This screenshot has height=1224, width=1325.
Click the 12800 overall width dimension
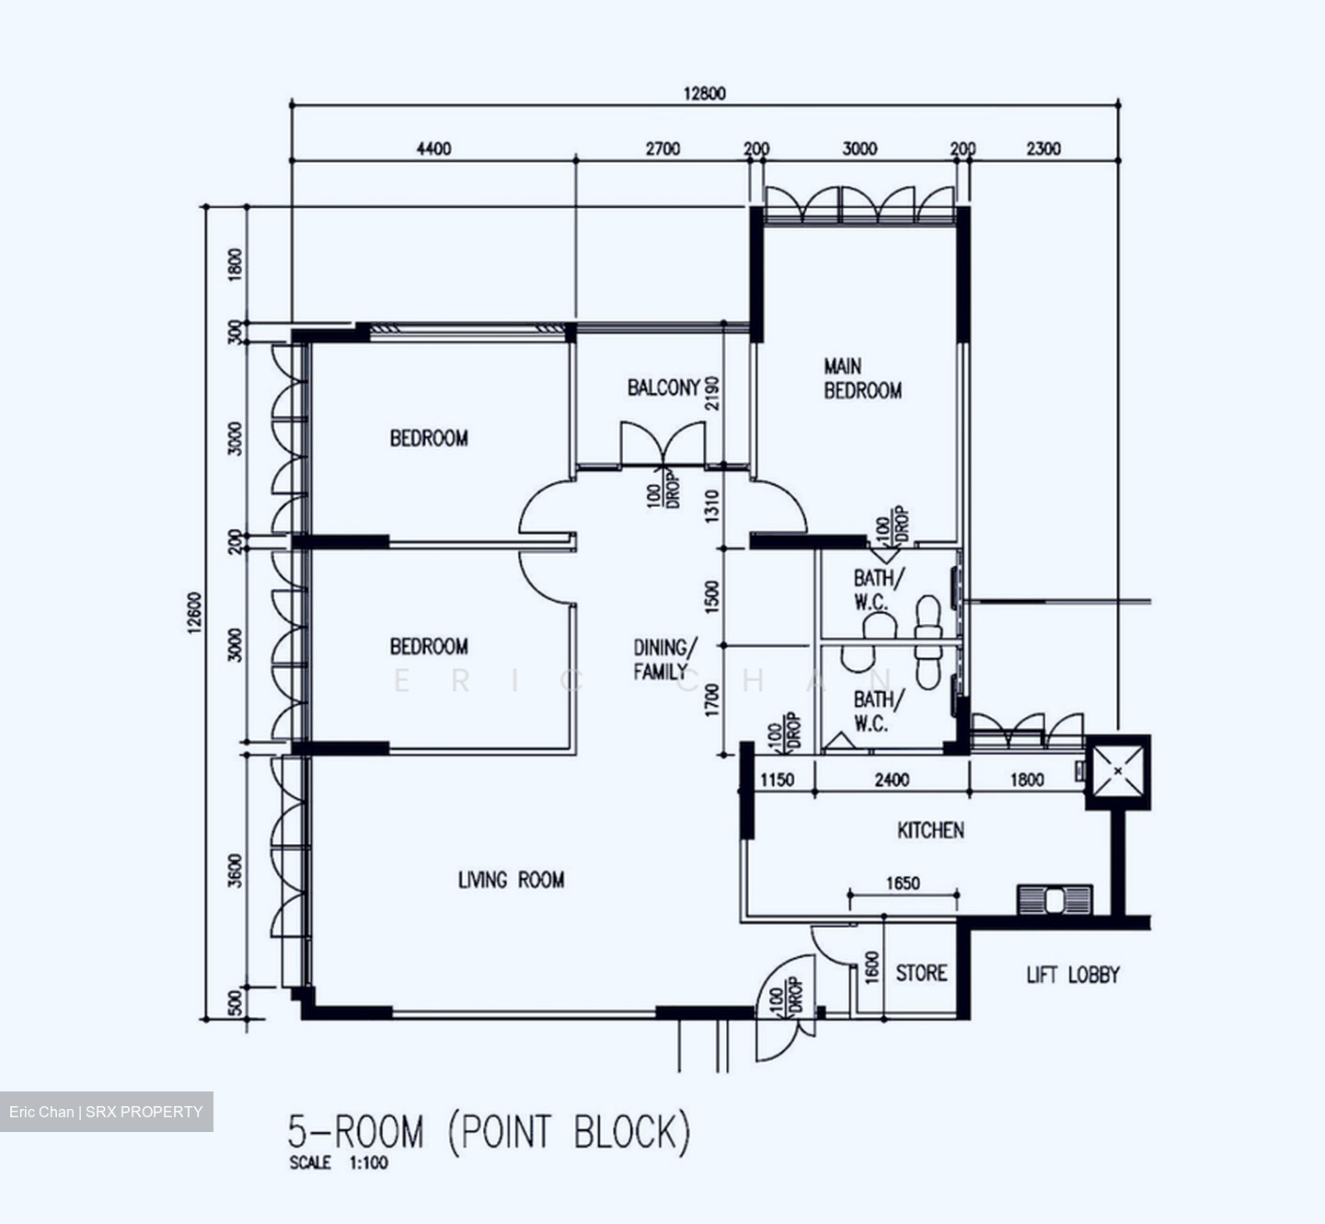704,93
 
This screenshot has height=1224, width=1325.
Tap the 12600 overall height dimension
194,613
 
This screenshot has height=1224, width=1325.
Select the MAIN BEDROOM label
862,379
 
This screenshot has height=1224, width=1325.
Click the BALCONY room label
663,387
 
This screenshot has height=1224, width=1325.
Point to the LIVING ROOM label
511,881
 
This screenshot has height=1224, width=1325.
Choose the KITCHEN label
930,830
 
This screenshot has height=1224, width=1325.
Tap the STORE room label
921,974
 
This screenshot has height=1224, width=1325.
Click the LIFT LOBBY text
1073,975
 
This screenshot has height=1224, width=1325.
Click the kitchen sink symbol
1054,899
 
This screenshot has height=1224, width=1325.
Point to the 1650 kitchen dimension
903,883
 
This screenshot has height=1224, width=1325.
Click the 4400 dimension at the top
433,148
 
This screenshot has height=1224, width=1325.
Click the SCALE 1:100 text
339,1163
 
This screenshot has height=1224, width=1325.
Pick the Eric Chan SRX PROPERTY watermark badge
106,1112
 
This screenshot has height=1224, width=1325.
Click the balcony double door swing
662,444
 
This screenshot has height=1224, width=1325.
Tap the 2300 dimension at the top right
1043,148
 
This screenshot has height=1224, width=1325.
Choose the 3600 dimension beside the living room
236,871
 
